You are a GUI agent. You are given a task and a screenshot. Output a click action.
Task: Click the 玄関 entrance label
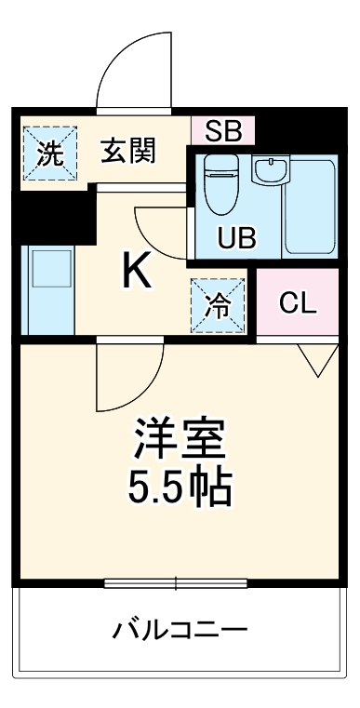coord(129,150)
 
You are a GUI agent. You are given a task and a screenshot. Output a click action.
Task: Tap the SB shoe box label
coord(222,129)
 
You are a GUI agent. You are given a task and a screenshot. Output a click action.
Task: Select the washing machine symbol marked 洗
coord(45,152)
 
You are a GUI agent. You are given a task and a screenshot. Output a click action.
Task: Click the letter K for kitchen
coord(136,272)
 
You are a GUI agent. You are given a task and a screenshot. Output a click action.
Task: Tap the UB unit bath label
coord(235,238)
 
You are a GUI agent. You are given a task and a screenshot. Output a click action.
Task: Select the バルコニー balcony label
coord(180,632)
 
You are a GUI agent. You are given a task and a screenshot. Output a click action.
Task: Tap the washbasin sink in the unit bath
coord(271,171)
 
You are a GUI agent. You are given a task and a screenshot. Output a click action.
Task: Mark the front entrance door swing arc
coord(135,70)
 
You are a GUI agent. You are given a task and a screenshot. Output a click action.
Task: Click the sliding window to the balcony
coord(175,583)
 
